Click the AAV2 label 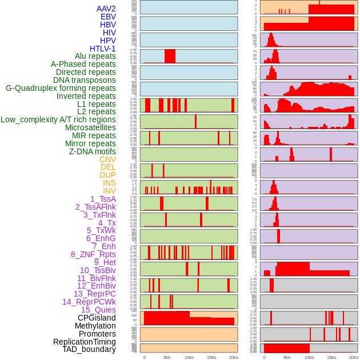[x=106, y=9]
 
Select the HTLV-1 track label [x=103, y=49]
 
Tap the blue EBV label [x=108, y=17]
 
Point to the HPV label [x=108, y=41]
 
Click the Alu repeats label [x=95, y=56]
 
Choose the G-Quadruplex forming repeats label [x=61, y=88]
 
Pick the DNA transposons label [x=85, y=80]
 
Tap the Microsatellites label [x=90, y=127]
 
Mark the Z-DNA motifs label [x=93, y=151]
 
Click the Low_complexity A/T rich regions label [x=58, y=119]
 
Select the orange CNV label [x=107, y=159]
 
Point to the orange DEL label [x=108, y=167]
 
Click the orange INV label [x=109, y=191]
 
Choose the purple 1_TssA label [x=103, y=199]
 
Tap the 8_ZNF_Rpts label [x=93, y=254]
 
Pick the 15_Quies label [x=98, y=310]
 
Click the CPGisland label [x=97, y=318]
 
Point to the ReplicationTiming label [x=84, y=342]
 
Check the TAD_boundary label [x=89, y=349]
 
